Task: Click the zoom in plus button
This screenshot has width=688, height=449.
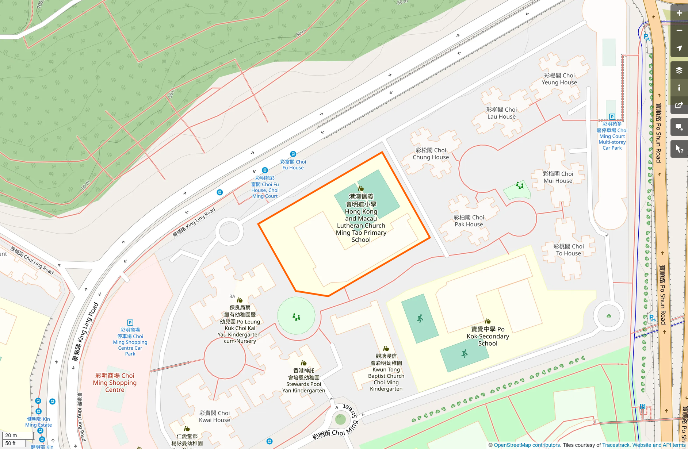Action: point(679,13)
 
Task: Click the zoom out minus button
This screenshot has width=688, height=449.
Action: point(679,31)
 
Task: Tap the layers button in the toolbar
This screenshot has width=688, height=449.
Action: point(679,70)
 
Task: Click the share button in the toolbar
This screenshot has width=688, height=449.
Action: point(679,105)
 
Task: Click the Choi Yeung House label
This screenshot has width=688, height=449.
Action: point(559,79)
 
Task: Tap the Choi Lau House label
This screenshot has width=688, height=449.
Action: point(501,113)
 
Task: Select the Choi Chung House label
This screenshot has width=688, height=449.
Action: point(431,154)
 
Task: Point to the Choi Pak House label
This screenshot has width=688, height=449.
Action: point(469,221)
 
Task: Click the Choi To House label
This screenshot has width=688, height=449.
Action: point(568,250)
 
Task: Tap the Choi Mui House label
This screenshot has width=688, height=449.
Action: point(558,177)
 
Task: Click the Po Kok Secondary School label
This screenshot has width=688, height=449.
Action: point(488,336)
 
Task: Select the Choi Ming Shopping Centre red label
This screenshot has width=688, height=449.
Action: point(115,383)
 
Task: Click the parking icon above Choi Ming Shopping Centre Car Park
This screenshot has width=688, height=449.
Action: point(130,323)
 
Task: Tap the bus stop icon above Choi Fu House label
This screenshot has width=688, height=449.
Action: point(293,154)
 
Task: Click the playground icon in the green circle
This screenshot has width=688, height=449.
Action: point(296,317)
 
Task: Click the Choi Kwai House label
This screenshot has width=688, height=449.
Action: point(214,417)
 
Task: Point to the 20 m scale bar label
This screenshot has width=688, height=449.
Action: point(11,435)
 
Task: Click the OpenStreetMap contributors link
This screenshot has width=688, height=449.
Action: point(527,445)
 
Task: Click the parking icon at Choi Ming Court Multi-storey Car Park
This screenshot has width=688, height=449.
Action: point(612,117)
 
